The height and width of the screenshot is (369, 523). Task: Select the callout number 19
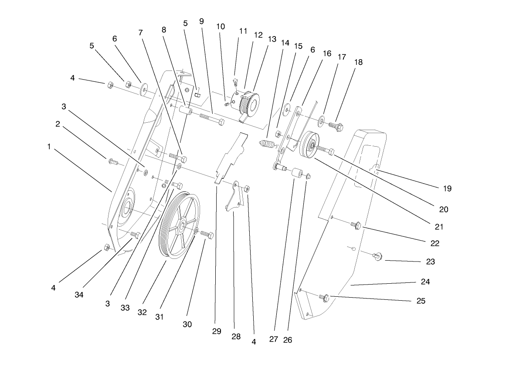pos(447,188)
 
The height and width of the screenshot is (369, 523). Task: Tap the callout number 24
pos(425,282)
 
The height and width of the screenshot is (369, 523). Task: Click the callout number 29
pos(217,331)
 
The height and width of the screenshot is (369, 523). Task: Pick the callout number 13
pos(272,39)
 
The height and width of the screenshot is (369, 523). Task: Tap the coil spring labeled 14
pos(265,144)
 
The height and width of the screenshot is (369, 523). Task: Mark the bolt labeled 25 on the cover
pos(324,297)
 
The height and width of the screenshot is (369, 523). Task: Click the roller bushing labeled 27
pos(297,173)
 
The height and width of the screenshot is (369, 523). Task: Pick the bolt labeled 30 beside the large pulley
pos(207,235)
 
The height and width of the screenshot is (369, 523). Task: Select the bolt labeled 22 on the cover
pos(355,225)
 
